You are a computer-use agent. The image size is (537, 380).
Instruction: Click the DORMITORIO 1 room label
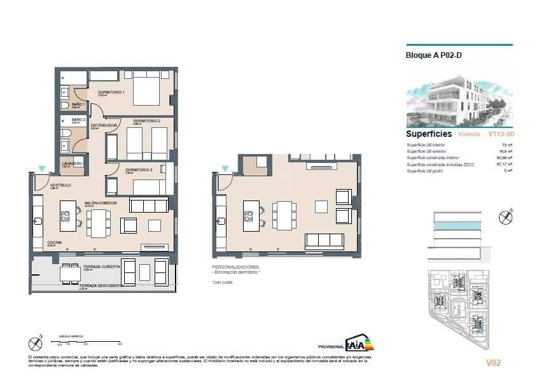[x=111, y=92]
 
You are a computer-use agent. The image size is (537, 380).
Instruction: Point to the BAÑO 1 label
[x=78, y=103]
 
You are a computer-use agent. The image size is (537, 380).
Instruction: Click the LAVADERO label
[x=72, y=163]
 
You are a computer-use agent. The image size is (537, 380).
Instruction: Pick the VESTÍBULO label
[x=61, y=185]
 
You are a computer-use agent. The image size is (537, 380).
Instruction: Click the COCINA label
[x=55, y=243]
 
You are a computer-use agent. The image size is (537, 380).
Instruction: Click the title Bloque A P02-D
[x=434, y=55]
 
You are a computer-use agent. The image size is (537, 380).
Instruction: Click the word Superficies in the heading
[x=429, y=134]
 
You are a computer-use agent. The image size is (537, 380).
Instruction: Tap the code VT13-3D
[x=501, y=135]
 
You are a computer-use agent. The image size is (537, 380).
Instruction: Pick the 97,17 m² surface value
[x=503, y=164]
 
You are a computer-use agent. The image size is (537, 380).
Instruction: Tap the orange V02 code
[x=493, y=363]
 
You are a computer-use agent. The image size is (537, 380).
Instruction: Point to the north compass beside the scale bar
[x=36, y=344]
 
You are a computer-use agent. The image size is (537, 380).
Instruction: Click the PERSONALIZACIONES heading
[x=235, y=266]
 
